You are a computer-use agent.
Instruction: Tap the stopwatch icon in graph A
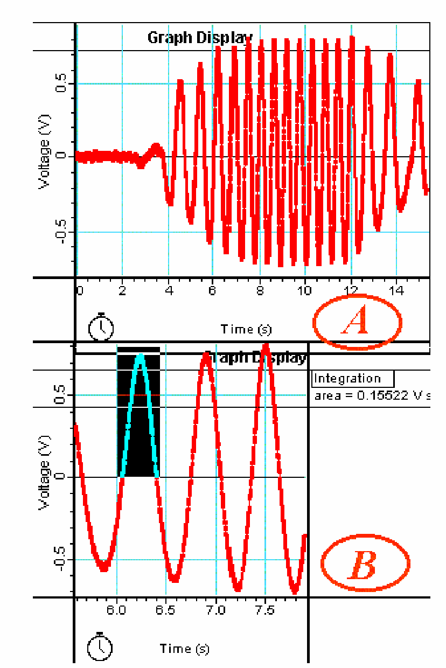click(101, 327)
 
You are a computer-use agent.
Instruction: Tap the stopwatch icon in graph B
click(101, 646)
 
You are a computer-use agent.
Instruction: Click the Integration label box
click(353, 378)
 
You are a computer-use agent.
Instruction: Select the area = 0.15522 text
click(372, 395)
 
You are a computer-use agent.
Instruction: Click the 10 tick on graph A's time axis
click(305, 291)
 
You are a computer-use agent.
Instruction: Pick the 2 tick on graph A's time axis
click(122, 291)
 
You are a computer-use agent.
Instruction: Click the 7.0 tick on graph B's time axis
click(215, 610)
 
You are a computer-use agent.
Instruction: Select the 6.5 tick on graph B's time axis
click(166, 610)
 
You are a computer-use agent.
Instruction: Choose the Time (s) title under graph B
click(184, 648)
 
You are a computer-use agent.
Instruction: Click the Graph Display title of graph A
click(199, 38)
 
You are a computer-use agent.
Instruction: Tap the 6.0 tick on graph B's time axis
click(117, 610)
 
